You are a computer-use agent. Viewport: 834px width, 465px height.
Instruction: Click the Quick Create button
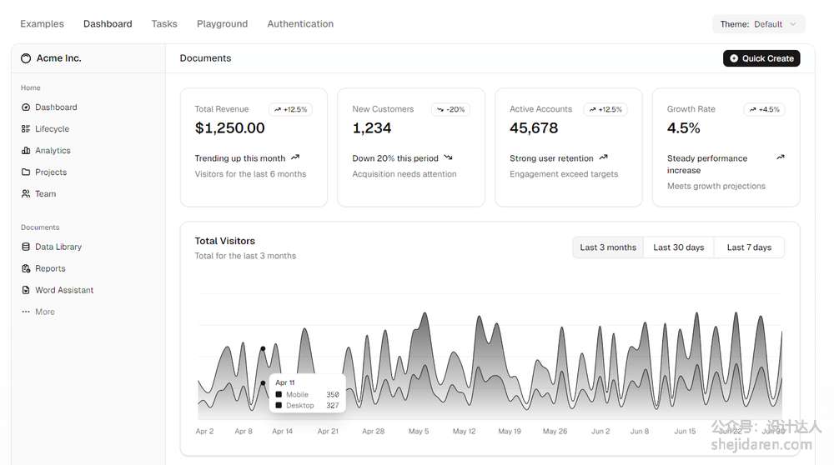[x=761, y=58]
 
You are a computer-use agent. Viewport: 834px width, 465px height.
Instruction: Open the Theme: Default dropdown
[x=759, y=24]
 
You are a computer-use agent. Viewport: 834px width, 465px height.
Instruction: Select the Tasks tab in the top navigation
[x=164, y=24]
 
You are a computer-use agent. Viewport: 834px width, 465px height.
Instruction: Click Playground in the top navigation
[x=222, y=24]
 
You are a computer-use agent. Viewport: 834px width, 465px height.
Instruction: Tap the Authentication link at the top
[x=300, y=24]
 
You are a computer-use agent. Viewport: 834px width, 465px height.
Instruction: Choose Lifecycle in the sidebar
[x=52, y=129]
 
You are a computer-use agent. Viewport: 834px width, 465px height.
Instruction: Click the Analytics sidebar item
[x=53, y=151]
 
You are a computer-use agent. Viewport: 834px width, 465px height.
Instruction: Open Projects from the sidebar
[x=50, y=172]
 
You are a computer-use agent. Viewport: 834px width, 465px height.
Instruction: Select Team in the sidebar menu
[x=45, y=194]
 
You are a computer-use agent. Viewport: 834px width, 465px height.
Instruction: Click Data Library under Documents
[x=58, y=247]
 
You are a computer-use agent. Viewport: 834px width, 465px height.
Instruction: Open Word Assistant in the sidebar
[x=63, y=291]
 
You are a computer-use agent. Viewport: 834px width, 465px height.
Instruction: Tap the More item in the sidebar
[x=44, y=312]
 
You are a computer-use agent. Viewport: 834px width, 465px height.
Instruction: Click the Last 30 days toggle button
[x=678, y=247]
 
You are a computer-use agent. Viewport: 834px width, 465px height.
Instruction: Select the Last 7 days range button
[x=749, y=247]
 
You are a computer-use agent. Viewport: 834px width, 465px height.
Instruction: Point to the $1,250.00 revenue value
[x=229, y=128]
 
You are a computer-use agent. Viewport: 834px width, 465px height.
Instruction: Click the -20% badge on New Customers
[x=450, y=109]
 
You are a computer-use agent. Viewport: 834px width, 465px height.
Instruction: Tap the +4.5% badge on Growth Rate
[x=765, y=109]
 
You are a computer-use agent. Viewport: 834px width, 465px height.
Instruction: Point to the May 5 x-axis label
[x=419, y=432]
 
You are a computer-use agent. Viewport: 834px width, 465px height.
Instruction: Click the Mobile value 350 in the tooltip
[x=332, y=395]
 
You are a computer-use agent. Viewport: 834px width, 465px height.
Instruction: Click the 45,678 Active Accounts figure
[x=534, y=128]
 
